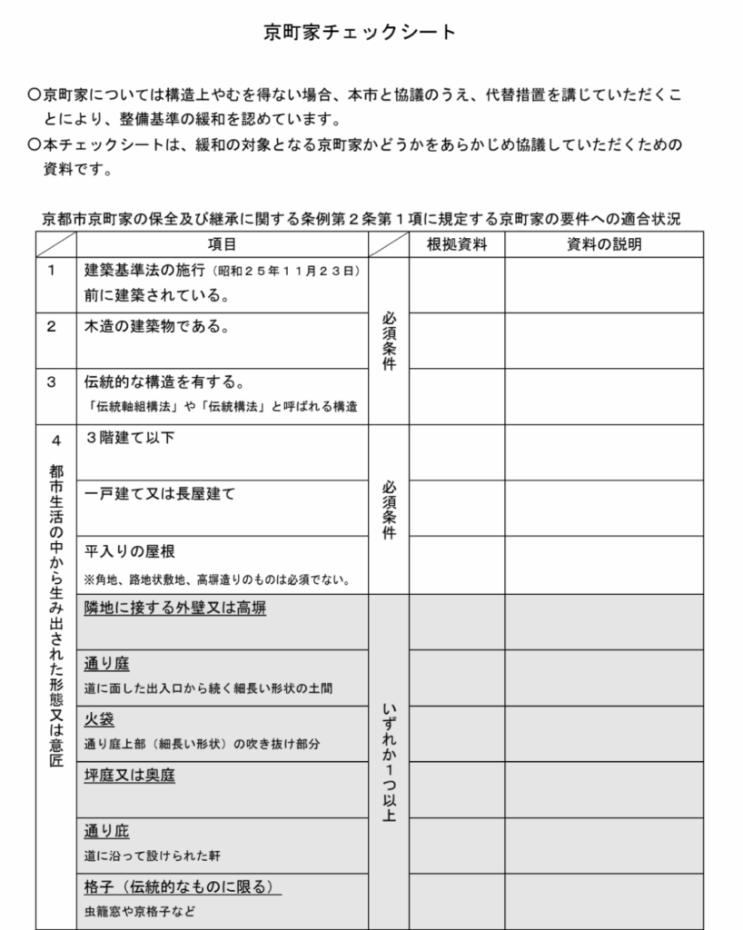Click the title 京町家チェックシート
click(x=360, y=33)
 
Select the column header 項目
click(x=222, y=244)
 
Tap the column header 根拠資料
click(x=457, y=244)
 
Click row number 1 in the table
click(x=52, y=270)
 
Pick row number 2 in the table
click(x=52, y=327)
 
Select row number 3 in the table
click(x=52, y=382)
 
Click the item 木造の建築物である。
click(x=157, y=327)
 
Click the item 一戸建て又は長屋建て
click(x=160, y=494)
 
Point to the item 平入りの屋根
click(x=130, y=550)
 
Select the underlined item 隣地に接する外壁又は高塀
click(x=175, y=608)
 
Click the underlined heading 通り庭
click(x=107, y=664)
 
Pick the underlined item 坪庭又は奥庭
click(x=130, y=776)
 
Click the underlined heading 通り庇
click(x=107, y=832)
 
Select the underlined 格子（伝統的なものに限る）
click(x=178, y=887)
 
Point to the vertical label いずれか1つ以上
click(x=389, y=763)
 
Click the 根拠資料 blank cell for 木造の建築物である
click(x=457, y=341)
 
